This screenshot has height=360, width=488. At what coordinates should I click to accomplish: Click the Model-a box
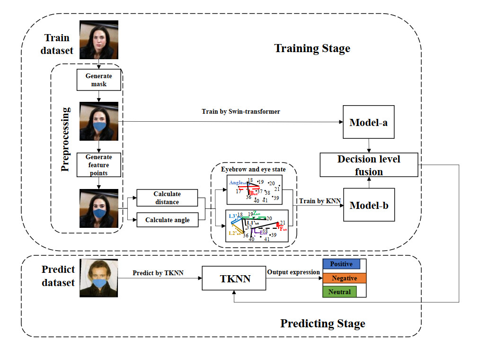point(369,122)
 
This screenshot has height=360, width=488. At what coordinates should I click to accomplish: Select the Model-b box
point(369,205)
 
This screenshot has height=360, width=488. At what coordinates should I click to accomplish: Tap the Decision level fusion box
point(369,165)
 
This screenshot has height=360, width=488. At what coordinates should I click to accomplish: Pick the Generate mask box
point(99,80)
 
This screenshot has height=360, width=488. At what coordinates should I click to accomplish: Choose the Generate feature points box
point(99,165)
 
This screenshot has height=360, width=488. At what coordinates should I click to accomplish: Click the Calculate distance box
point(166,198)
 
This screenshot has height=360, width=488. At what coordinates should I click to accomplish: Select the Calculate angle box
point(167,220)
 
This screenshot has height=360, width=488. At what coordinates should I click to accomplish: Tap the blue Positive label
point(341,264)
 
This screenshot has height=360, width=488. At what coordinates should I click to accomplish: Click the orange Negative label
point(344,278)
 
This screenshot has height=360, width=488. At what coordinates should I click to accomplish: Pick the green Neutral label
point(339,292)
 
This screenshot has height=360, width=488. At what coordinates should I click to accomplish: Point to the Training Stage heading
point(312,48)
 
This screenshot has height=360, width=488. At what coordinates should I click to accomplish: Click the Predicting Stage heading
point(322,324)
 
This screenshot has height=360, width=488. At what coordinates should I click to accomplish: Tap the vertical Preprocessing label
point(66,139)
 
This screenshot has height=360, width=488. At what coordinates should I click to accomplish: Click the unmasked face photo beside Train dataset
point(98,39)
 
